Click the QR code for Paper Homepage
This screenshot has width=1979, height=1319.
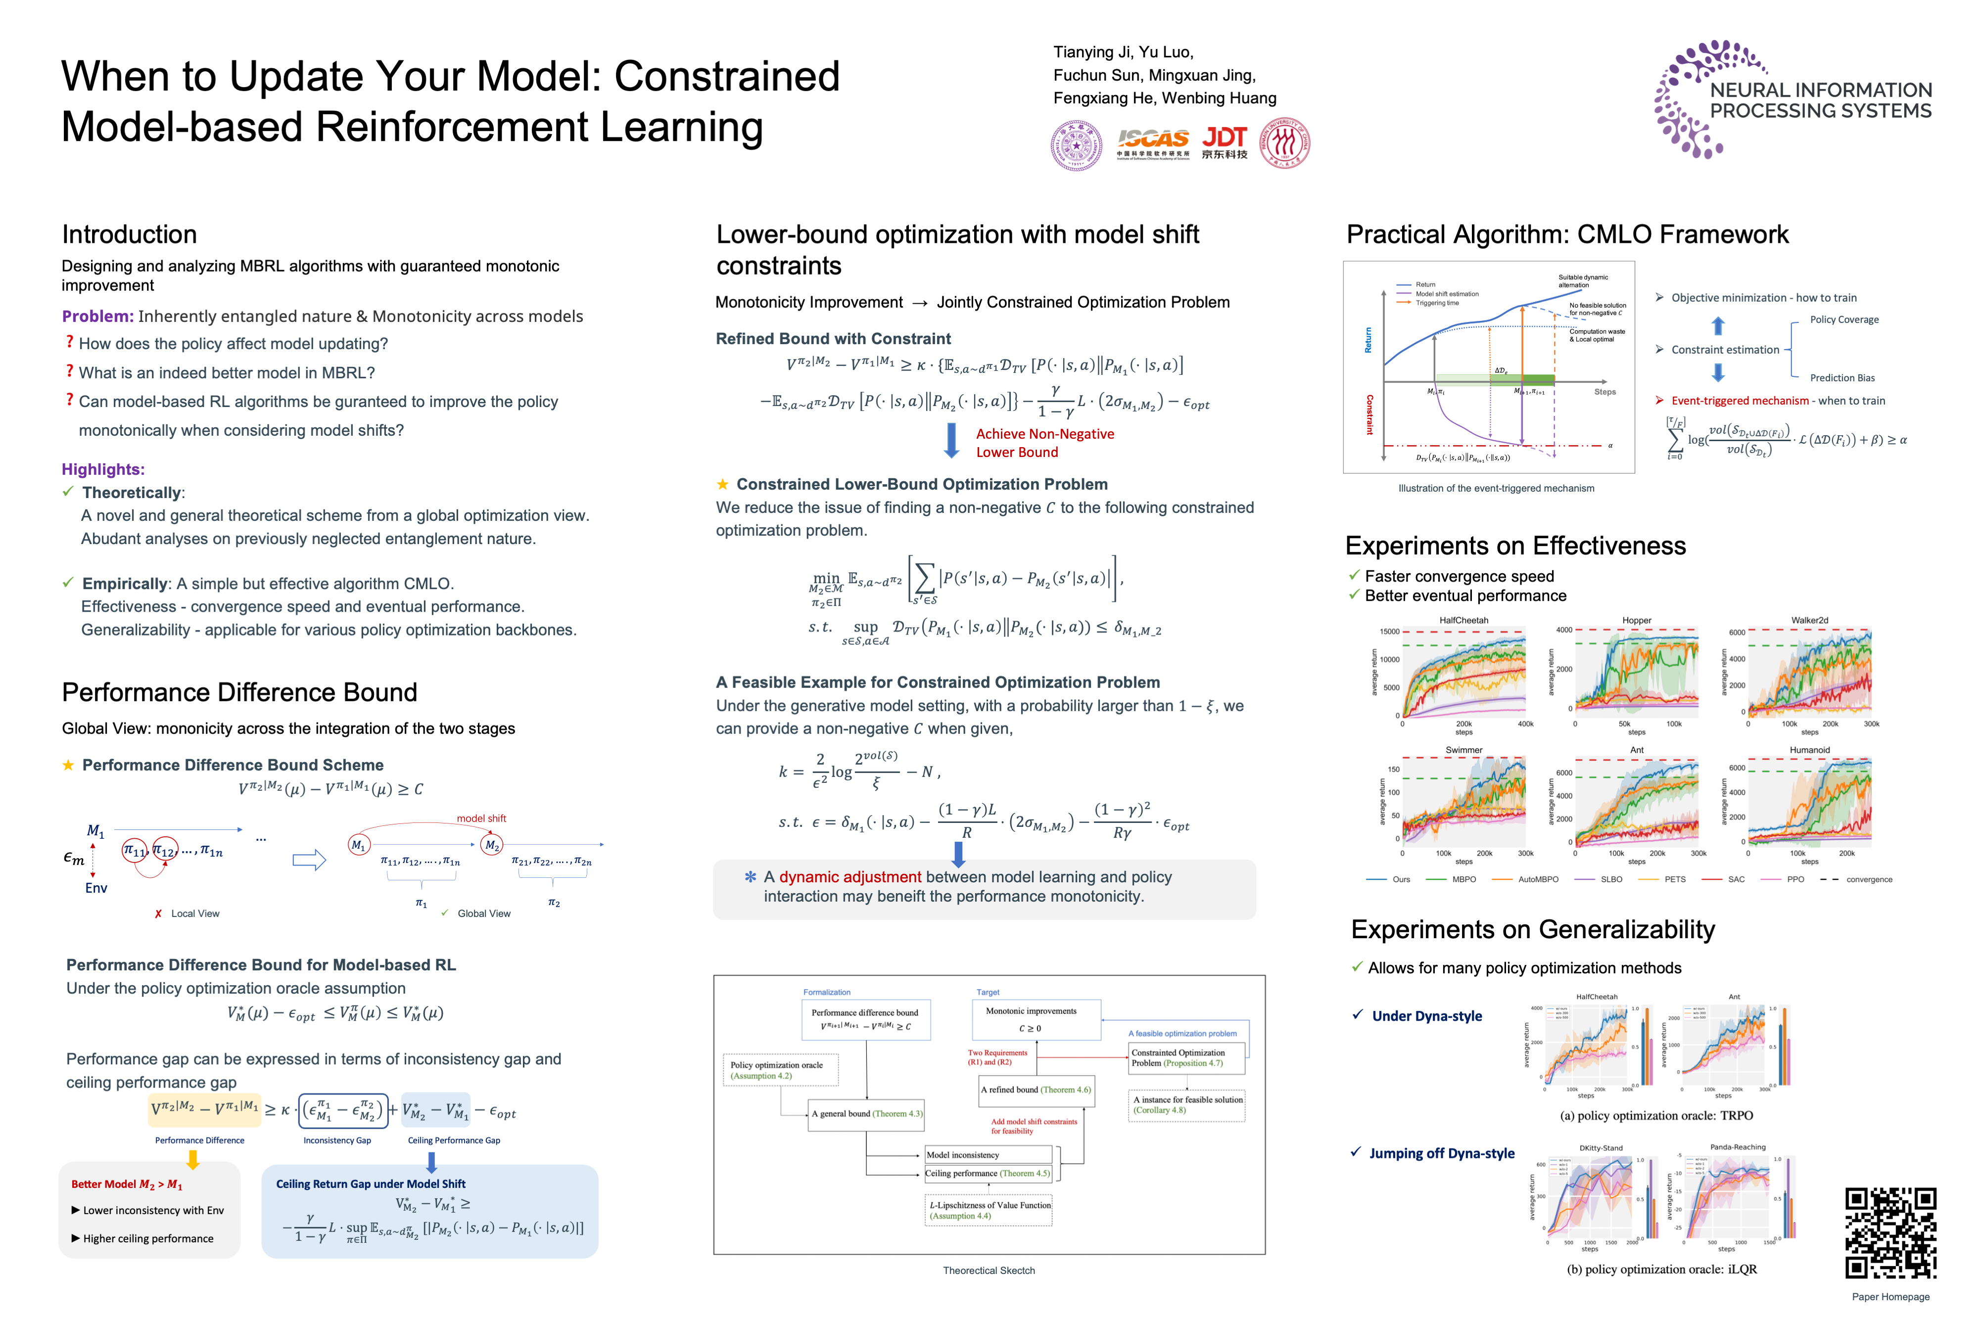(1890, 1233)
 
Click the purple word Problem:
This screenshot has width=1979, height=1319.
(97, 317)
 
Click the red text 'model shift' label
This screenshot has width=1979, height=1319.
(481, 818)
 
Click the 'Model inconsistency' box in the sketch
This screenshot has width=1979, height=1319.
(963, 1155)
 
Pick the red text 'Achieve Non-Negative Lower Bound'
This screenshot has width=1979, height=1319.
(1044, 443)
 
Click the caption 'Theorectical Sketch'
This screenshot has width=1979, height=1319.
(989, 1270)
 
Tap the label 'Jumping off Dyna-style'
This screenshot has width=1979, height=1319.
(1441, 1153)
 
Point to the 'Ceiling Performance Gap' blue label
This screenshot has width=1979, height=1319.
(454, 1140)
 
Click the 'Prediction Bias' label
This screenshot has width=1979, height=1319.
(1842, 378)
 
